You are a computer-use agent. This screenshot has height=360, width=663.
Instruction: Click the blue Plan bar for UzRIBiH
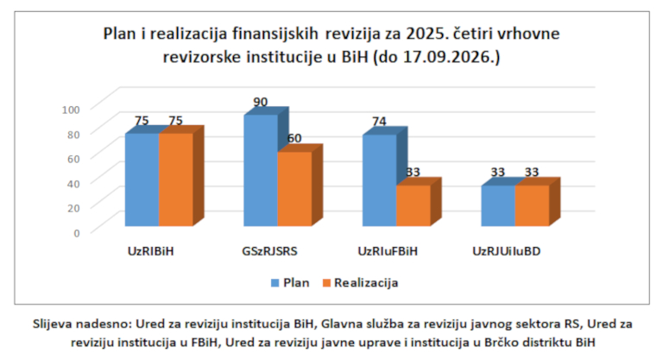142,180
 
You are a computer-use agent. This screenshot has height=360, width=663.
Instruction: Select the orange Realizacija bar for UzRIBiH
176,180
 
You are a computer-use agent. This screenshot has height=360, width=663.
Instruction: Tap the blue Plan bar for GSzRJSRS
261,170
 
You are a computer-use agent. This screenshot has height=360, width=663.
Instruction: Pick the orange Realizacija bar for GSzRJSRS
294,189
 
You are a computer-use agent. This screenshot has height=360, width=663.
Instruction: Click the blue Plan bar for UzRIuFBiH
379,180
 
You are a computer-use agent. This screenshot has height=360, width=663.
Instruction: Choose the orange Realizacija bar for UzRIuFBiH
414,205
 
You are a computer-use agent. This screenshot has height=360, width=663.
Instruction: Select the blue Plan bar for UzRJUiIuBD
498,205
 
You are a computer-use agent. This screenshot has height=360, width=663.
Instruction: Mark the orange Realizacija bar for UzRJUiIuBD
533,205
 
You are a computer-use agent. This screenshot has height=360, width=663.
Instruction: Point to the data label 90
261,102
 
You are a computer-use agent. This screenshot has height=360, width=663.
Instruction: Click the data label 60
294,138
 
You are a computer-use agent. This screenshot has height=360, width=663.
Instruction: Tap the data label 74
379,122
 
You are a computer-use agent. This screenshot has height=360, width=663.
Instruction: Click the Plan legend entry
290,282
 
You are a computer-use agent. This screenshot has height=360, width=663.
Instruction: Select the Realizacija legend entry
360,282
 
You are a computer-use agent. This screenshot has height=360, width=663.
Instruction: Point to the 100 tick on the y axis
71,110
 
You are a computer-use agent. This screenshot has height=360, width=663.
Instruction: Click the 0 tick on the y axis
77,233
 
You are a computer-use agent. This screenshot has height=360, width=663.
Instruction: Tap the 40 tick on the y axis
73,184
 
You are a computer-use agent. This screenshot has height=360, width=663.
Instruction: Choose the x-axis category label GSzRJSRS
269,251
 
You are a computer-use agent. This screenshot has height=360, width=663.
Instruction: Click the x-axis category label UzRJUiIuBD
507,251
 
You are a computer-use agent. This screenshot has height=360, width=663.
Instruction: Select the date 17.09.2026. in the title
448,57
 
